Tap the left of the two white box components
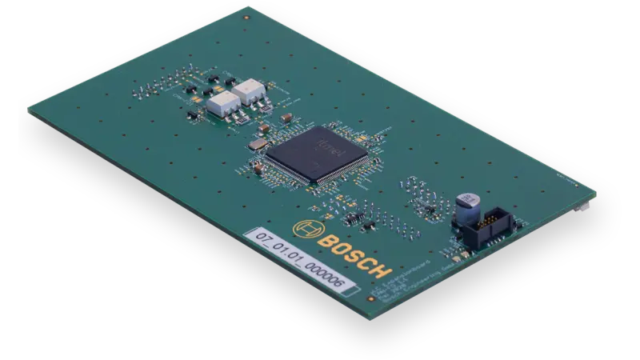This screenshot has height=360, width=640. pos(221,102)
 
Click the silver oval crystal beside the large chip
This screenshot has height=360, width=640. pos(256,144)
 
